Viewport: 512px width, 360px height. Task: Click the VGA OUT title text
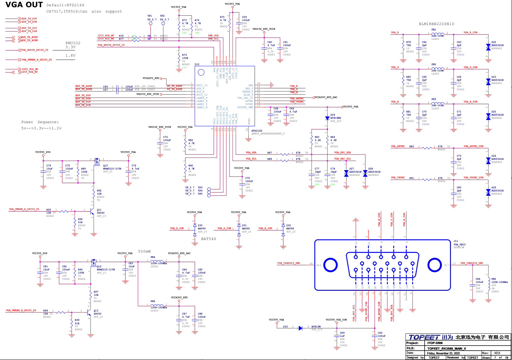click(24, 5)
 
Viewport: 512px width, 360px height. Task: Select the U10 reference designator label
click(197, 64)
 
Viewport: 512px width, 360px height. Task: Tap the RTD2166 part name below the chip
click(257, 131)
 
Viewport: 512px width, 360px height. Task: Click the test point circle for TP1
click(151, 23)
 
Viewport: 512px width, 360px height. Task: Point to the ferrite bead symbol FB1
click(438, 33)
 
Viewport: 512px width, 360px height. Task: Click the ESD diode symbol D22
click(488, 47)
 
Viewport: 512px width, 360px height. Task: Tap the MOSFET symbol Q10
click(97, 162)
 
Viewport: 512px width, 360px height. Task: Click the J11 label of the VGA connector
click(456, 241)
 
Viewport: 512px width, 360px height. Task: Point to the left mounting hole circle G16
click(330, 265)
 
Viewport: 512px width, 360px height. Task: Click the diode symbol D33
click(300, 328)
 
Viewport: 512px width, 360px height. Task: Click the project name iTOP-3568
click(435, 343)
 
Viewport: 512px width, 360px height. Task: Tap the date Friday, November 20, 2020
click(443, 353)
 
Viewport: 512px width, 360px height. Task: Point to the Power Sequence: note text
click(40, 122)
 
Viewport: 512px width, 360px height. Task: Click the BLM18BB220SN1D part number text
click(436, 24)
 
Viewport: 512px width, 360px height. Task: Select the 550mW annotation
click(144, 251)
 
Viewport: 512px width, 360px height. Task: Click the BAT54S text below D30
click(209, 239)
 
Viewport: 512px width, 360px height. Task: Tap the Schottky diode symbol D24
click(327, 118)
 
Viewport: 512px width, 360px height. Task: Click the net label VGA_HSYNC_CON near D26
click(473, 146)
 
